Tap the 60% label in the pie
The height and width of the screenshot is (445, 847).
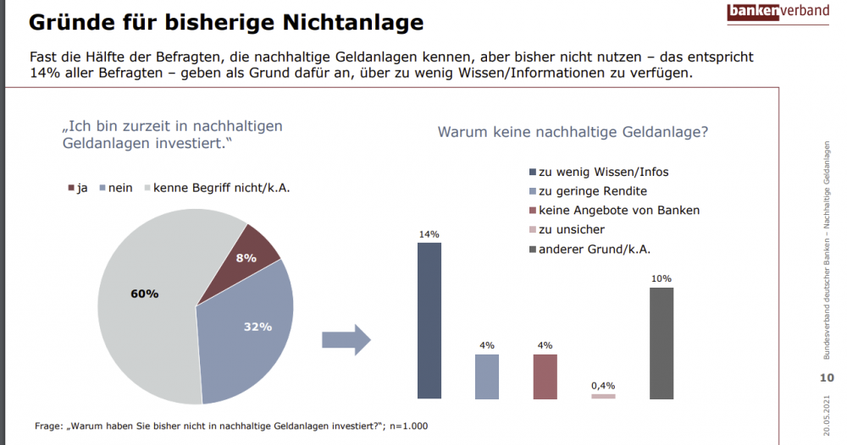tap(144, 294)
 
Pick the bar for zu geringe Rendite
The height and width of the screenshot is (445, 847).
tap(487, 376)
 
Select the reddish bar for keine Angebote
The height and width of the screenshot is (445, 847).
tap(545, 376)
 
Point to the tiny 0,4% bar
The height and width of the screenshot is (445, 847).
tap(603, 396)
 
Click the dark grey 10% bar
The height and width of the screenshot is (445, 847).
tap(662, 343)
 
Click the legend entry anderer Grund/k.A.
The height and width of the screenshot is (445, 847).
tap(594, 249)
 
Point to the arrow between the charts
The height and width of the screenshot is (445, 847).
tap(346, 340)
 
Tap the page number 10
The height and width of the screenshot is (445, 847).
tap(828, 377)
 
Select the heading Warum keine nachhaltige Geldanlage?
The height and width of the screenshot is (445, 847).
tap(572, 132)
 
